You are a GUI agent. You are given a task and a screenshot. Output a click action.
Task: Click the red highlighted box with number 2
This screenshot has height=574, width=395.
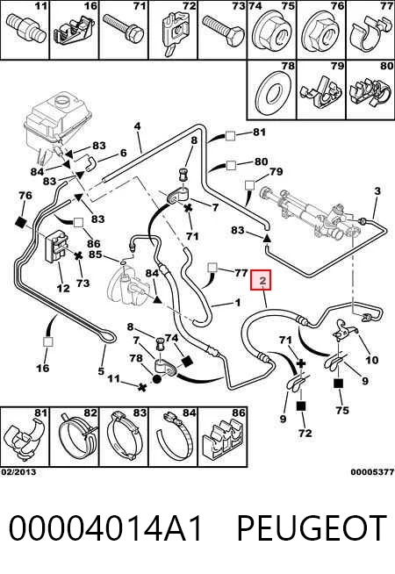tap(261, 280)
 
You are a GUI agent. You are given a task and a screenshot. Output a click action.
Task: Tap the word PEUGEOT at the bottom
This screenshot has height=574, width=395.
tap(312, 527)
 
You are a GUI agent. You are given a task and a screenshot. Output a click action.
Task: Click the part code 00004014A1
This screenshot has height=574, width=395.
tap(105, 527)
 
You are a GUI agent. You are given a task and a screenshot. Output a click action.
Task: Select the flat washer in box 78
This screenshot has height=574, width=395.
tap(271, 94)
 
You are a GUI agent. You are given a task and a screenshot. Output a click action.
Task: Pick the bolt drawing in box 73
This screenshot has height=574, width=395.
tap(221, 31)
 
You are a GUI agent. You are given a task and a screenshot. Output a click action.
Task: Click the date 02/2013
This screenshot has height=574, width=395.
tap(18, 472)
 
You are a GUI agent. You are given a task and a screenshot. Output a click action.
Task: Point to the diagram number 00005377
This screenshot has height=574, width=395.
tap(372, 472)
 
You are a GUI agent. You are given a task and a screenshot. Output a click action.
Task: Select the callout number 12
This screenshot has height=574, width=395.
tap(63, 288)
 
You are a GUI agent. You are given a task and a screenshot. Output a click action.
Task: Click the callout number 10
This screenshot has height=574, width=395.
tap(371, 360)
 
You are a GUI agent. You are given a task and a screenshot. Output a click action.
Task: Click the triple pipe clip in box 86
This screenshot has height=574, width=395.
tap(222, 441)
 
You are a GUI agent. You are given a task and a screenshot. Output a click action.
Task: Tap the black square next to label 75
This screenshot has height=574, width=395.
tap(338, 384)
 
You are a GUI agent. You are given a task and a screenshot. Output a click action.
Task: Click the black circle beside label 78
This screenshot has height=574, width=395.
tap(156, 379)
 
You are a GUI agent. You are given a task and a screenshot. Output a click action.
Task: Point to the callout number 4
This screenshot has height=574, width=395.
tap(137, 126)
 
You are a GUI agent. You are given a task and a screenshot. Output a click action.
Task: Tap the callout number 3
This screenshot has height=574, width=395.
tap(377, 190)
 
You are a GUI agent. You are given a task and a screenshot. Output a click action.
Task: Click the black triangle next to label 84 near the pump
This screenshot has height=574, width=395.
tap(157, 299)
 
